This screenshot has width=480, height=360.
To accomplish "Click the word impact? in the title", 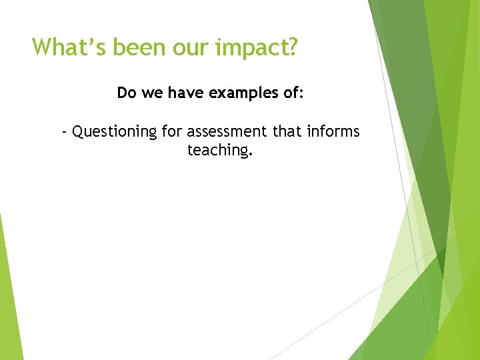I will pyautogui.click(x=254, y=48).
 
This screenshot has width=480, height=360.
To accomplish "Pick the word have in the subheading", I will pyautogui.click(x=185, y=93).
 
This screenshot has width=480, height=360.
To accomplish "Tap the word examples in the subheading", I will pyautogui.click(x=240, y=93).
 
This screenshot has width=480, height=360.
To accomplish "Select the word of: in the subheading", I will pyautogui.click(x=291, y=93).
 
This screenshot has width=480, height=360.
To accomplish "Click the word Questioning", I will pyautogui.click(x=115, y=132).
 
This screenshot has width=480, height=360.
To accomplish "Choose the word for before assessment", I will pyautogui.click(x=172, y=131).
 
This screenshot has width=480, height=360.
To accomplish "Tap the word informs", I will pyautogui.click(x=333, y=131).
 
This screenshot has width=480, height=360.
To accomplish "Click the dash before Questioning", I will pyautogui.click(x=64, y=132).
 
